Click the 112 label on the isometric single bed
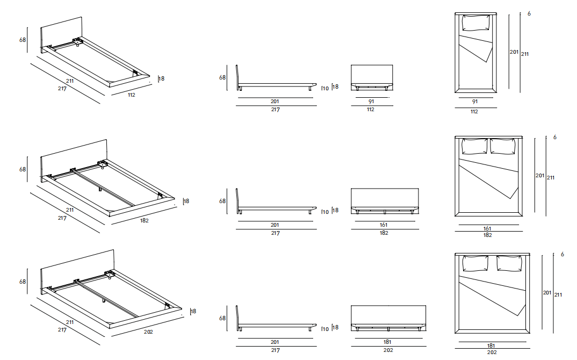(x=131, y=95)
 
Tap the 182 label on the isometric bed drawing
(x=145, y=221)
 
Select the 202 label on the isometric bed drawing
(x=149, y=332)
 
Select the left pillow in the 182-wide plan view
(x=473, y=147)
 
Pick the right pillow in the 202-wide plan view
(x=509, y=263)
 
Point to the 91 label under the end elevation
(x=371, y=101)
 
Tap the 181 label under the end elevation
(x=387, y=342)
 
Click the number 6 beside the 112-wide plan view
(x=529, y=13)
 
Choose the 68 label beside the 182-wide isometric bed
(x=23, y=169)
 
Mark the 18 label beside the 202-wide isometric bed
(x=193, y=311)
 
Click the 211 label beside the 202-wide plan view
(x=558, y=294)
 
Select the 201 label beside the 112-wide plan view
(x=514, y=52)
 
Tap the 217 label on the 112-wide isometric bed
(x=62, y=89)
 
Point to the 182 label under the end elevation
(x=384, y=233)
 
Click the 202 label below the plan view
(x=492, y=352)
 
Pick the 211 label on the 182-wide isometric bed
(x=70, y=210)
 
